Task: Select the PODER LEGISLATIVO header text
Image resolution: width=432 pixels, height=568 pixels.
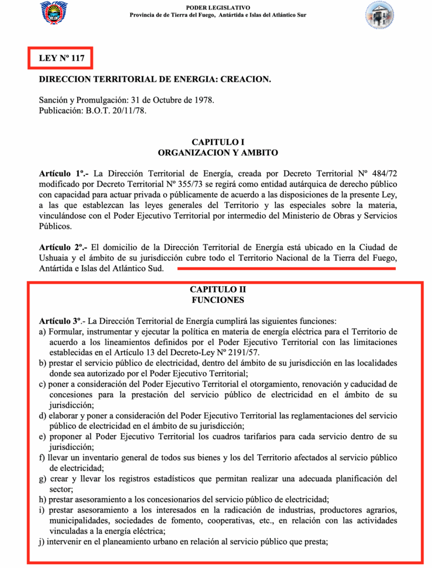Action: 218,7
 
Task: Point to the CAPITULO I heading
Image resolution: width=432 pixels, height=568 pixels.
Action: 218,142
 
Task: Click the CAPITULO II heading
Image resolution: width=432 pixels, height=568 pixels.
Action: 218,290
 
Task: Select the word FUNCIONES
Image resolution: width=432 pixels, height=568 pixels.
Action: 218,300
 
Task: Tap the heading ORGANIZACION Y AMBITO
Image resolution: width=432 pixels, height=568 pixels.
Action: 218,153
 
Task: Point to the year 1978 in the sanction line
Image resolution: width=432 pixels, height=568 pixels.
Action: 202,100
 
